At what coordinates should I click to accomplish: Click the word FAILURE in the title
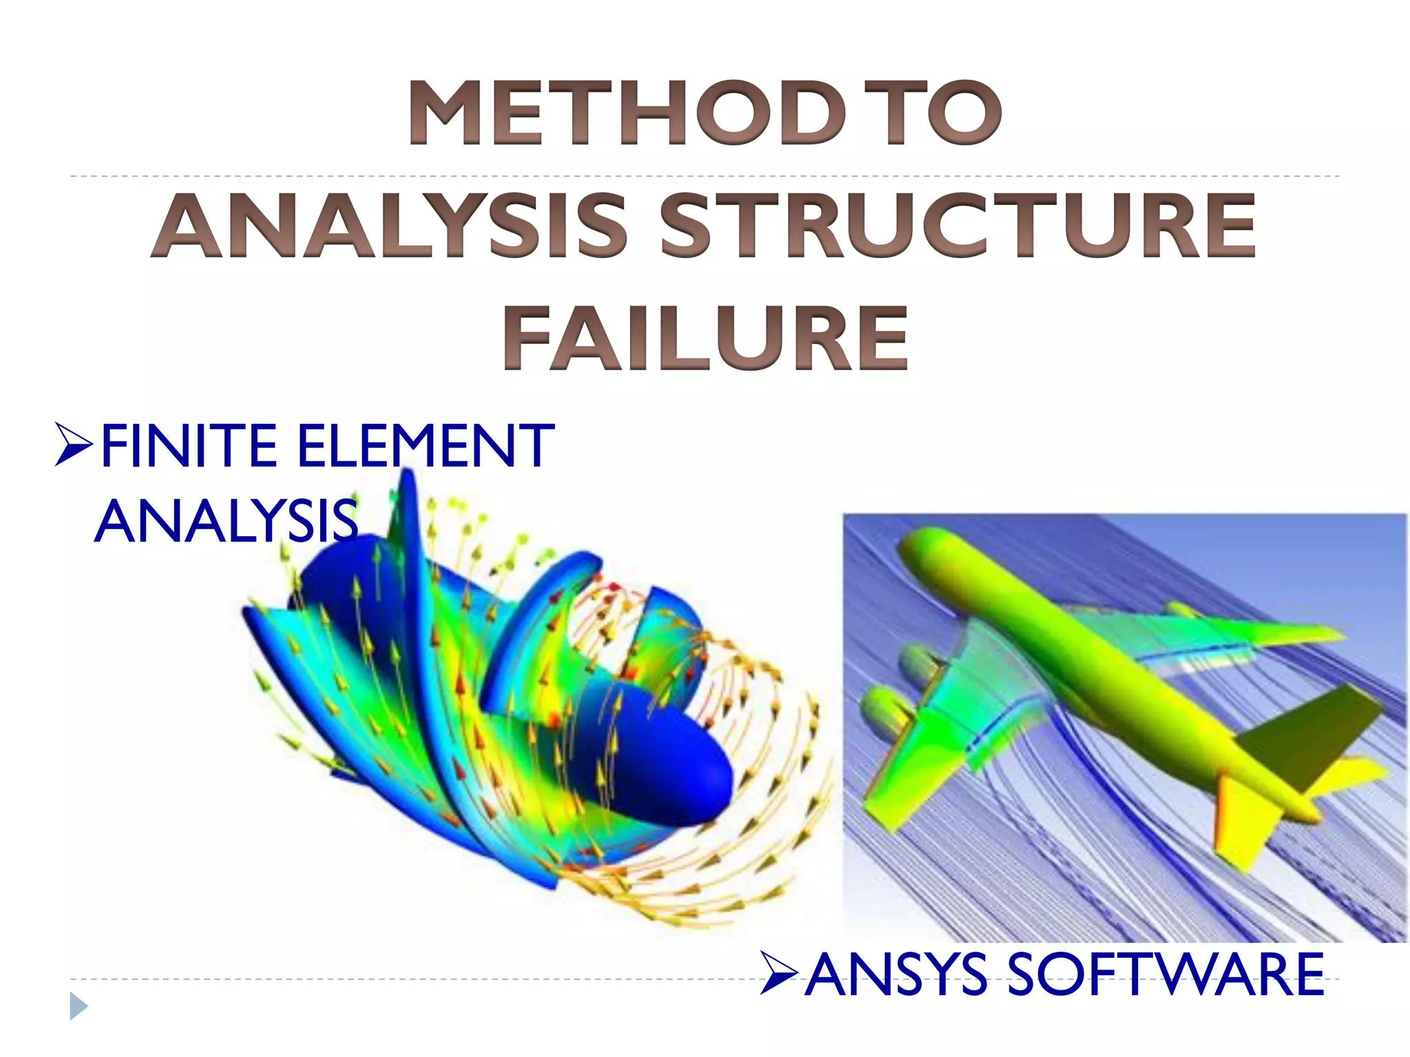[705, 339]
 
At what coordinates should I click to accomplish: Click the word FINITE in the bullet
[189, 447]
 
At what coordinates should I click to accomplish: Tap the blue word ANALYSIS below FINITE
[227, 522]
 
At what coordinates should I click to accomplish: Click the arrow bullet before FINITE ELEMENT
[73, 446]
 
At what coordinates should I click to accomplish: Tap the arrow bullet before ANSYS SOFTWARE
[779, 974]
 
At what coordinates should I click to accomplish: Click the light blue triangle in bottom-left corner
[78, 1007]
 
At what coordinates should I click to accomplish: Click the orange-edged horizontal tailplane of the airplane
[1246, 819]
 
